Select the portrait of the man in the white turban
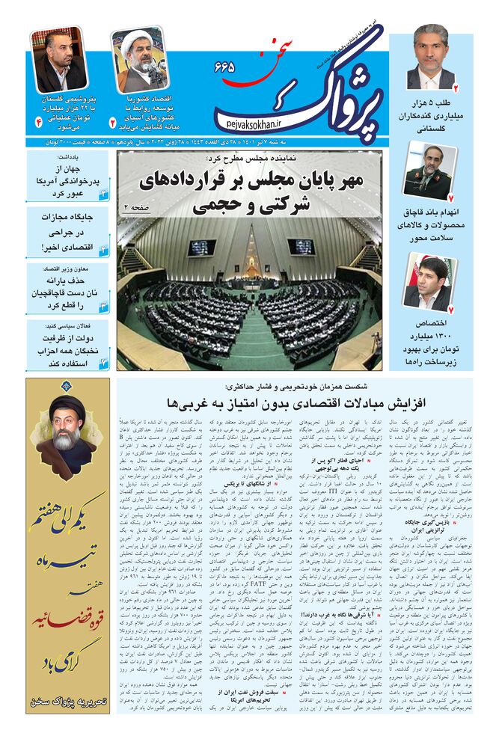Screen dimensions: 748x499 (x=140, y=60)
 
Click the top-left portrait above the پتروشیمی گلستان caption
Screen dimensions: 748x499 (x=59, y=60)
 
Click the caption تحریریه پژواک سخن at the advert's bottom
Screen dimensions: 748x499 (x=67, y=702)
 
